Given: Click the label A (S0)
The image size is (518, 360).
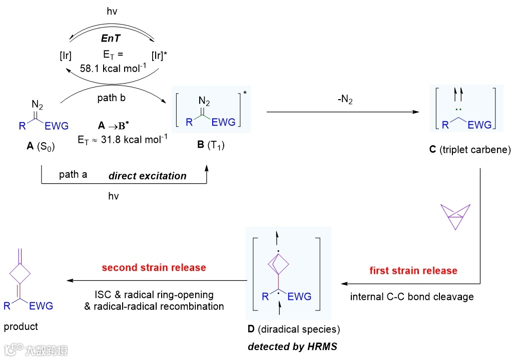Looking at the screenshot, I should pos(40,147).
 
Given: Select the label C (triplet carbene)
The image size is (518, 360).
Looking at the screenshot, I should pos(470,149).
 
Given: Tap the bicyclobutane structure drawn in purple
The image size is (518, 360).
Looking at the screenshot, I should pos(454,217).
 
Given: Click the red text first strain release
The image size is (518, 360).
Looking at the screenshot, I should pos(413,271).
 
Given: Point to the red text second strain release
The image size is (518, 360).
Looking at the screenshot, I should pos(154,267).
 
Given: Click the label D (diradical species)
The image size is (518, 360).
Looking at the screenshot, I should pos(288,329).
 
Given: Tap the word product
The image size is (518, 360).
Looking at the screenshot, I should pos(21,327).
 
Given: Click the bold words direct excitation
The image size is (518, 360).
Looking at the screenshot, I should pos(148,176).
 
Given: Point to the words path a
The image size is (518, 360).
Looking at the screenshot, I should pos(73,175).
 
